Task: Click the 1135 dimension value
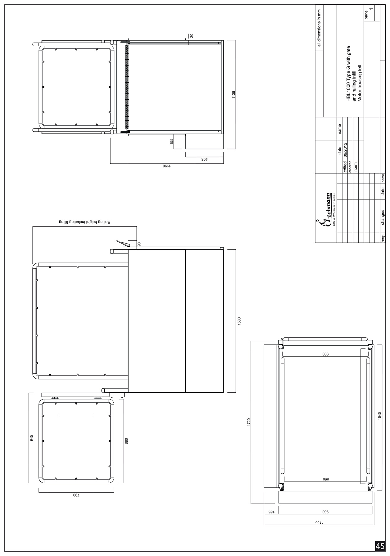[234, 95]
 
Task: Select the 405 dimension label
[204, 159]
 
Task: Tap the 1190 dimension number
[167, 166]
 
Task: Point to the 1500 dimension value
[239, 321]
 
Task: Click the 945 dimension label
[31, 438]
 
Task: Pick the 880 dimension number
[126, 441]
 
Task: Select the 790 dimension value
[76, 495]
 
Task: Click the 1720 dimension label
[248, 422]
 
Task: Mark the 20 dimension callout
[191, 35]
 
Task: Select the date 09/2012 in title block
[345, 151]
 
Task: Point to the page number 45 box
[380, 546]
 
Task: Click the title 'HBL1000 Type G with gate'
[348, 74]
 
